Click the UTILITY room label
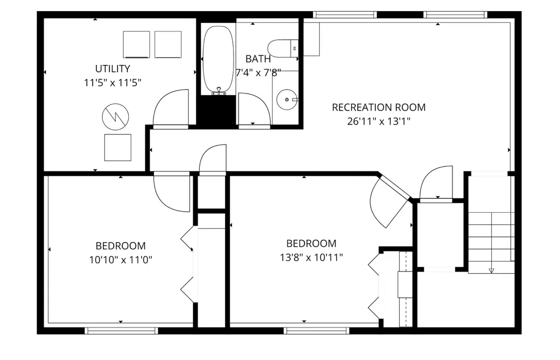(113, 68)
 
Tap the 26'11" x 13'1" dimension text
(379, 121)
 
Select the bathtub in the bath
(218, 59)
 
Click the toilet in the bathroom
(283, 48)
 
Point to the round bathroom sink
(287, 100)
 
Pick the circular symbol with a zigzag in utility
(115, 117)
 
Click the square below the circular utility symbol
(118, 147)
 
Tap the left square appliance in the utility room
(137, 44)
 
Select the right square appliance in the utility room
(168, 44)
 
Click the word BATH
(258, 59)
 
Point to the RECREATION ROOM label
(379, 107)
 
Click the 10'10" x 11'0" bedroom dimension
(121, 260)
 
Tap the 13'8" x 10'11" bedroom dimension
(311, 257)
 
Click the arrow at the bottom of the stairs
(492, 270)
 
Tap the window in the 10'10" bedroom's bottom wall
(122, 331)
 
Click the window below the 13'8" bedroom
(317, 331)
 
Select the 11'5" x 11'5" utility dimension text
(113, 83)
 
